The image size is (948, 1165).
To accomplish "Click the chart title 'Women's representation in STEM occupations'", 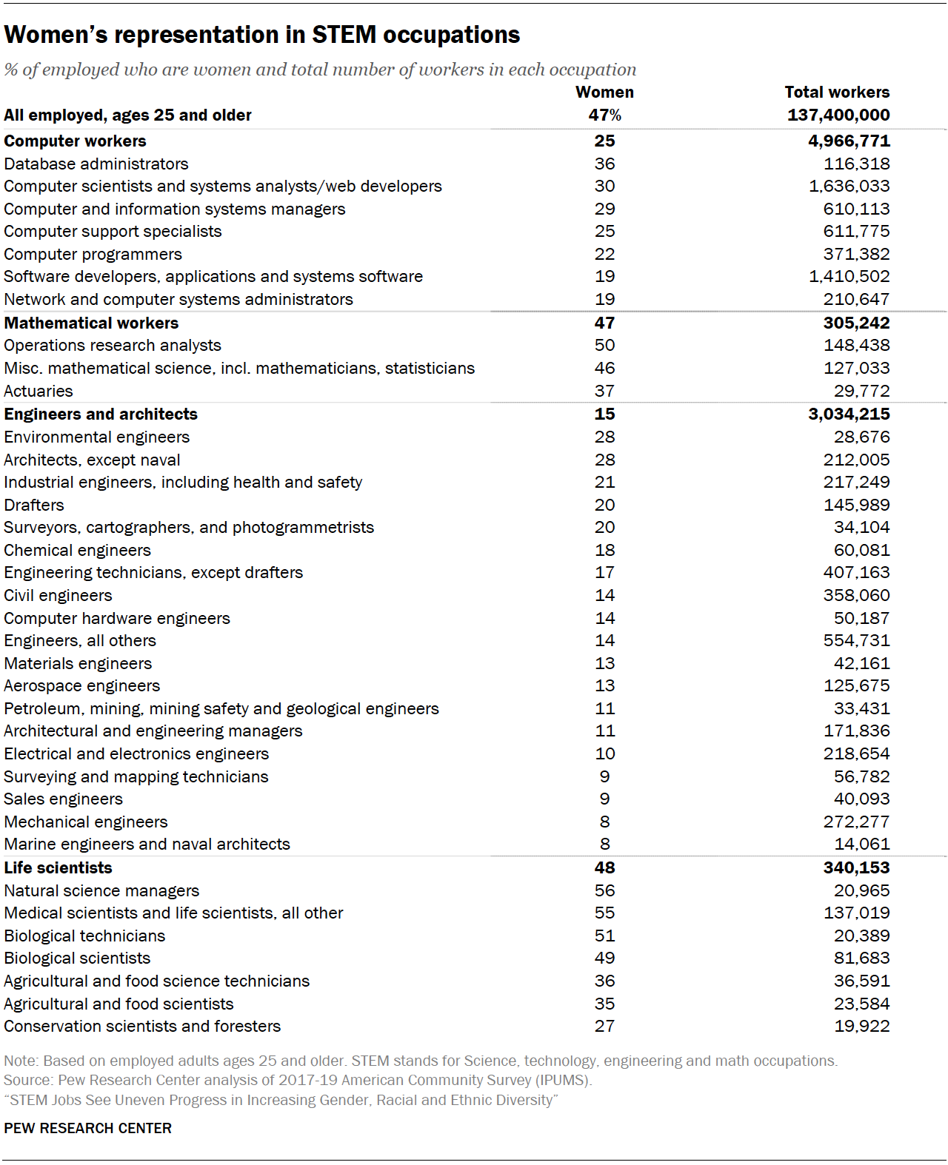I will click(x=262, y=35).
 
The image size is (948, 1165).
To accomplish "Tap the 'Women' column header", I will click(x=604, y=92).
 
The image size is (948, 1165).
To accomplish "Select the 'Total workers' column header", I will click(x=837, y=92).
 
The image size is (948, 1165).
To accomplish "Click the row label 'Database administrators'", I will click(x=96, y=164).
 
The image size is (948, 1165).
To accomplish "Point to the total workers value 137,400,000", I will click(x=838, y=115).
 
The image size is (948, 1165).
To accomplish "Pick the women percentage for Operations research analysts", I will click(x=604, y=345).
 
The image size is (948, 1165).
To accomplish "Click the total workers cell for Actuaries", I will click(x=861, y=391).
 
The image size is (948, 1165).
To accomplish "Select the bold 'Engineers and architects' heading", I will click(x=101, y=414).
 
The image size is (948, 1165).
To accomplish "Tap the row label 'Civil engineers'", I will click(x=58, y=595).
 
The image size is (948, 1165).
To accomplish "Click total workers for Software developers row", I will click(x=849, y=276).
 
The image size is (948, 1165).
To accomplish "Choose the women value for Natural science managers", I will click(x=604, y=890).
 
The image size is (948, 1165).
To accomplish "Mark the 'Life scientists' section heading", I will click(x=58, y=867).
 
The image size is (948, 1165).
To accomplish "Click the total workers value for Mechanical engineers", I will click(x=856, y=822).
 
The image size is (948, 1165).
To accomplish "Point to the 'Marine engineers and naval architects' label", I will click(x=147, y=844).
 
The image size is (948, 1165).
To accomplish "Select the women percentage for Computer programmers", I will click(x=604, y=254).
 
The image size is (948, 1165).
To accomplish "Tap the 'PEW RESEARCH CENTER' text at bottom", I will click(x=87, y=1128).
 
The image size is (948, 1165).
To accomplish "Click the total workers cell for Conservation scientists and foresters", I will click(x=861, y=1026).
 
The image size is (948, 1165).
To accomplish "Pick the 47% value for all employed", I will click(x=604, y=115).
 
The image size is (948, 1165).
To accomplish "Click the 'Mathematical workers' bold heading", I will click(x=91, y=323).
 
